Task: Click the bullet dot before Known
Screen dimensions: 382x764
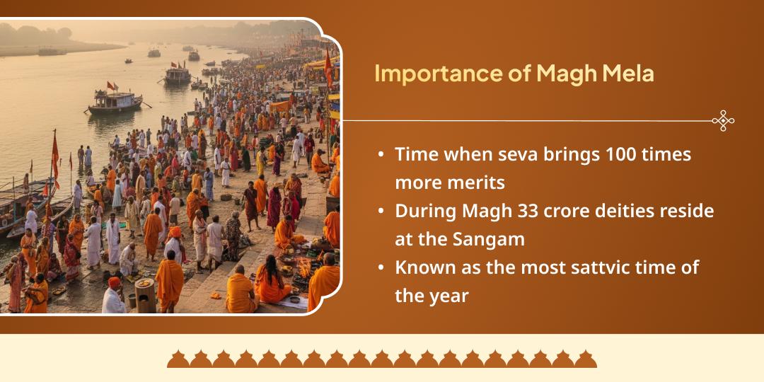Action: pos(382,267)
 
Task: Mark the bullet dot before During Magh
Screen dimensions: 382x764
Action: pos(382,211)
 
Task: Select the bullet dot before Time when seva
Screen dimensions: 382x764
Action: pos(382,154)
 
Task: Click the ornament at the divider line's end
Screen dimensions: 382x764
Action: pos(722,121)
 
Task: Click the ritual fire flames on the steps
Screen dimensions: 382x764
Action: pos(305,267)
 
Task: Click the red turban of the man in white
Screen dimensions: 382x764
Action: pos(114,282)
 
